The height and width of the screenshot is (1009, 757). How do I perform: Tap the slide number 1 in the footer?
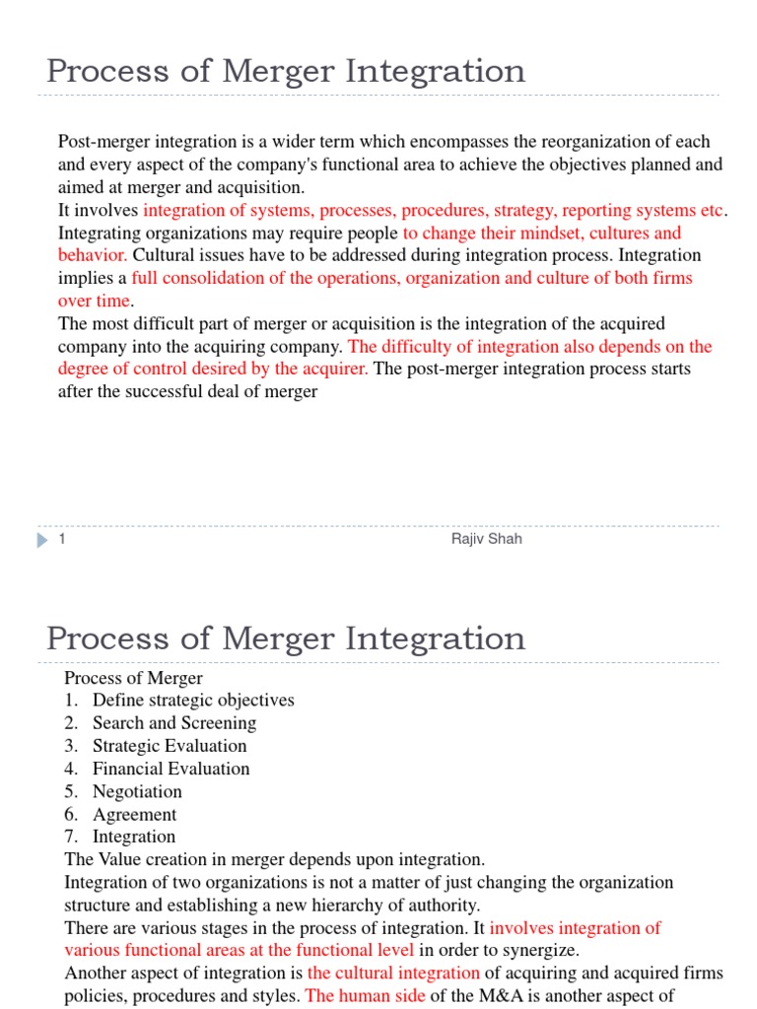click(61, 540)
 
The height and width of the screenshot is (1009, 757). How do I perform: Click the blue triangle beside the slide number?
click(42, 540)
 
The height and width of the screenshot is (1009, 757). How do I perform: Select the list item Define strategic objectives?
click(193, 701)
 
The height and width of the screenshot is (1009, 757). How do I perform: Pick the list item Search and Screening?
click(174, 723)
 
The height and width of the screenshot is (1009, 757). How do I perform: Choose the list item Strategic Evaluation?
click(170, 746)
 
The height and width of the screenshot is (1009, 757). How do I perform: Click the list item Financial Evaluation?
click(171, 769)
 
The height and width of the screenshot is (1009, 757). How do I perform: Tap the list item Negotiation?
click(137, 791)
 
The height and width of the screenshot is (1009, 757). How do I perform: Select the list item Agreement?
click(135, 814)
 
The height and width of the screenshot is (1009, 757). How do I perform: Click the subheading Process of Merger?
click(133, 678)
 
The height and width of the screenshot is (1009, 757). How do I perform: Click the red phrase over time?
click(95, 301)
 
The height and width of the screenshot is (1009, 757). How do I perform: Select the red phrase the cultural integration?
click(393, 973)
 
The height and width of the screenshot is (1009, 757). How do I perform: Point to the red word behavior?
click(93, 255)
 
